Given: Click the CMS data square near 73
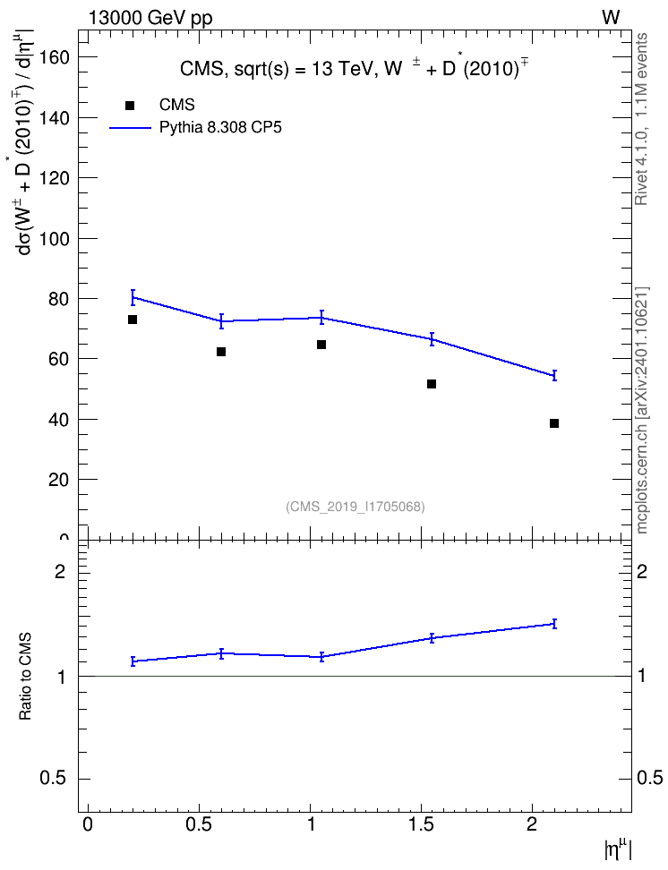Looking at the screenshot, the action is click(133, 320).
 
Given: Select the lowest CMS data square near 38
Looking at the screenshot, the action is click(554, 423).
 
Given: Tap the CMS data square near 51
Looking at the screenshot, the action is click(432, 384).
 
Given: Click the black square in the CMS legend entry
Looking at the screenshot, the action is click(129, 106).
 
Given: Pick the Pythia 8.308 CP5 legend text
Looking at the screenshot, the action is click(220, 128).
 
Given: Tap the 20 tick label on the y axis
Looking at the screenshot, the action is click(58, 480).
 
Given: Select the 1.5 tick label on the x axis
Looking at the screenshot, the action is click(421, 824).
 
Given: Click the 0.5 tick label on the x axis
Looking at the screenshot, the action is click(199, 824).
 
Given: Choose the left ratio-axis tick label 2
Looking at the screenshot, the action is click(60, 571).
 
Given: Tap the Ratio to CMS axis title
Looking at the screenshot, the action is click(26, 677).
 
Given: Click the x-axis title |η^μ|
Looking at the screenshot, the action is click(618, 849).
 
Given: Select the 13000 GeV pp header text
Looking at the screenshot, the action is click(150, 18).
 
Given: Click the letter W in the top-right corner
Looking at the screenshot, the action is click(611, 18).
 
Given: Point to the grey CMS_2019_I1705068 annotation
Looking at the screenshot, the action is click(355, 507).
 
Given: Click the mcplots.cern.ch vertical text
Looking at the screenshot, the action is click(642, 411).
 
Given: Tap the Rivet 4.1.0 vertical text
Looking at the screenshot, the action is click(642, 119).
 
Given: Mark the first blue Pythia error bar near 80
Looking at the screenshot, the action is click(133, 297).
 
